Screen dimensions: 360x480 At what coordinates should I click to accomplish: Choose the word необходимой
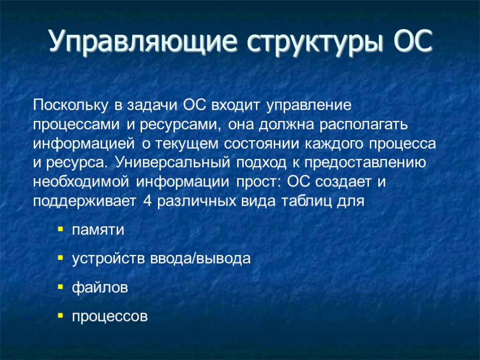point(83,182)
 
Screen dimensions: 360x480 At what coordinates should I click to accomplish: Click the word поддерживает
point(83,202)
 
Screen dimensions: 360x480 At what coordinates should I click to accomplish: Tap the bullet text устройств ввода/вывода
point(161,259)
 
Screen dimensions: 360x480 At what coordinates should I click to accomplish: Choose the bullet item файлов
point(99,287)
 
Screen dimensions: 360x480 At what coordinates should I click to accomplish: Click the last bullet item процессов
point(109,317)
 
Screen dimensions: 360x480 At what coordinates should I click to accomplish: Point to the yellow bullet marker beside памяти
point(60,230)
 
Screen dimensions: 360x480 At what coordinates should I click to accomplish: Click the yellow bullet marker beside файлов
point(60,287)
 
